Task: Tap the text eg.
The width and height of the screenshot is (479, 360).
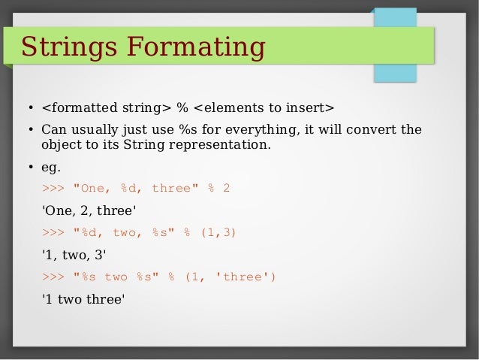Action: pos(51,166)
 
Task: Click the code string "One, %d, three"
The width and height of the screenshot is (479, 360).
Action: pos(132,188)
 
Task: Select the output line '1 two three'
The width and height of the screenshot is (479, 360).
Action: pos(83,298)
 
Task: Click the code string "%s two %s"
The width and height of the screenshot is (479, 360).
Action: pos(116,277)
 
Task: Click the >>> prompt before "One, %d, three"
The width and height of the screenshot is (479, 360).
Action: pos(53,188)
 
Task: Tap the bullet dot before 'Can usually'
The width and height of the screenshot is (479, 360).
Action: pos(30,129)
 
